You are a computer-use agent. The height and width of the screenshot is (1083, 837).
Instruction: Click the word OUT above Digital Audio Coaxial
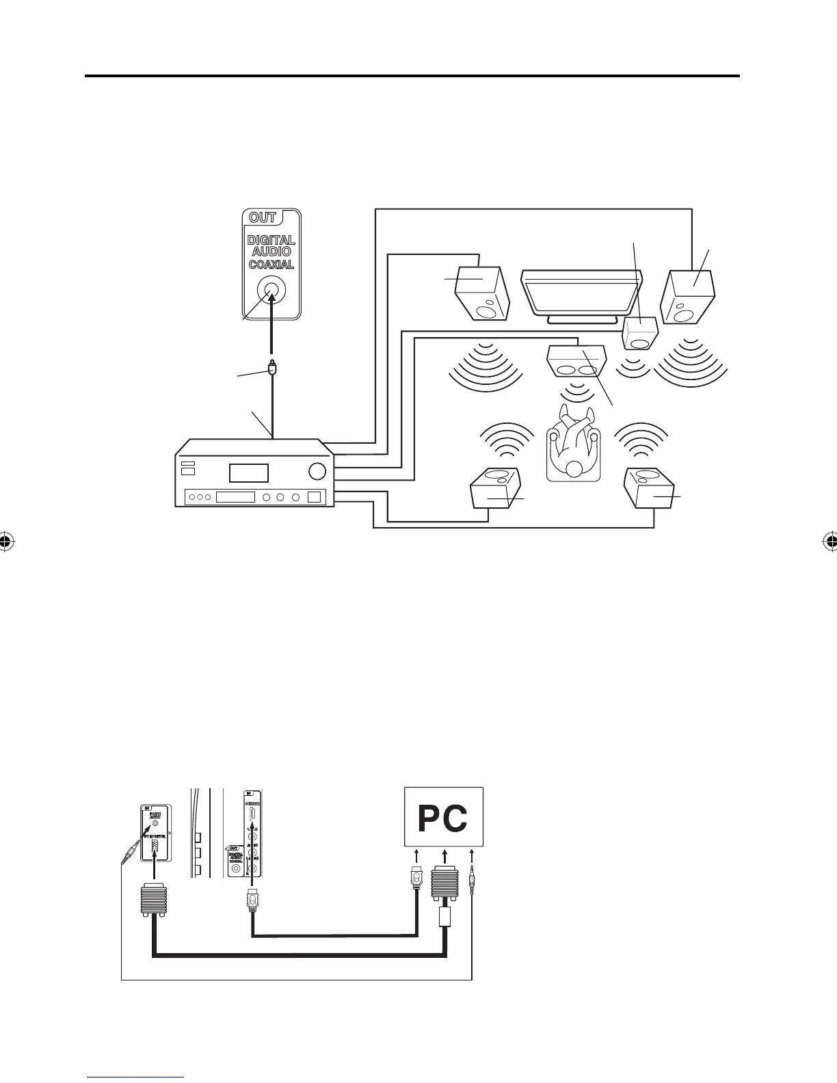(x=263, y=218)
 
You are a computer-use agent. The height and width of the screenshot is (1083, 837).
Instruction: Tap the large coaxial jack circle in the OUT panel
(x=271, y=295)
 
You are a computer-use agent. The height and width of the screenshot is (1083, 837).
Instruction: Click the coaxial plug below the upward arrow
(x=273, y=369)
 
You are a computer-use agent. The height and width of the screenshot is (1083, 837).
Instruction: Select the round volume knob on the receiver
(x=317, y=471)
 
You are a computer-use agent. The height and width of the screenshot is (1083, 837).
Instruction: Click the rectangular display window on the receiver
(x=248, y=472)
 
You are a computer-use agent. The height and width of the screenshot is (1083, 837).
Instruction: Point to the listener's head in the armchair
(x=573, y=468)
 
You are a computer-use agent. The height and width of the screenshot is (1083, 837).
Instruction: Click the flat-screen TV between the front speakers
(x=582, y=294)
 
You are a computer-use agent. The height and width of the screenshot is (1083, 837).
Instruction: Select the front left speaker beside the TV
(x=482, y=293)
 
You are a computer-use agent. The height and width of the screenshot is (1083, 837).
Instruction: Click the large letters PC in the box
(x=442, y=819)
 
